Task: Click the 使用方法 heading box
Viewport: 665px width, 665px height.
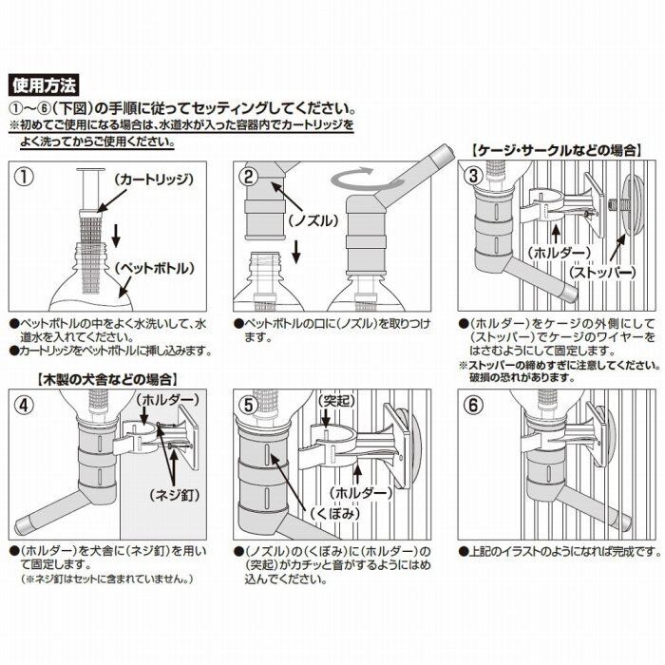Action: coord(44,85)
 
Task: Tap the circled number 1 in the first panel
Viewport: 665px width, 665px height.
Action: coord(25,177)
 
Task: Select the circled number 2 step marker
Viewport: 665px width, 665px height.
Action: coord(249,177)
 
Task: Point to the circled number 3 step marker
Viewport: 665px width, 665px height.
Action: coord(473,176)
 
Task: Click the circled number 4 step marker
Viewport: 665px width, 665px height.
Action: coord(25,405)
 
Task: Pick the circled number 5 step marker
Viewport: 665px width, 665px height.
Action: coord(249,405)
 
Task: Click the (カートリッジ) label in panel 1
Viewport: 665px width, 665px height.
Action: coord(154,179)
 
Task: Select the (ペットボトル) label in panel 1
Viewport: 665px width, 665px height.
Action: coord(155,268)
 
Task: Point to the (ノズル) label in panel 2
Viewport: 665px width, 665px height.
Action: coord(313,220)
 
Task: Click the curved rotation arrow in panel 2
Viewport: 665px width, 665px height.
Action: coord(352,179)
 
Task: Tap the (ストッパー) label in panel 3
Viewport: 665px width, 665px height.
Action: coord(602,272)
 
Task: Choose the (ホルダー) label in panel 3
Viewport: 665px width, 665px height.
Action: coord(559,253)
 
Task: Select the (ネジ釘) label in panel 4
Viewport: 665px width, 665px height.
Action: coord(174,495)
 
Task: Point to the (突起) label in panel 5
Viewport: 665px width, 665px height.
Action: coord(336,401)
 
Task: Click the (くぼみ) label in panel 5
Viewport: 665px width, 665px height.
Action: coord(335,513)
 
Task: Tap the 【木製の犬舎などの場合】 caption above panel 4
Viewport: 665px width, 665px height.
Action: coord(107,379)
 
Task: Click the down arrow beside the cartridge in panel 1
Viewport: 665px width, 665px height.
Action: coord(116,237)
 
